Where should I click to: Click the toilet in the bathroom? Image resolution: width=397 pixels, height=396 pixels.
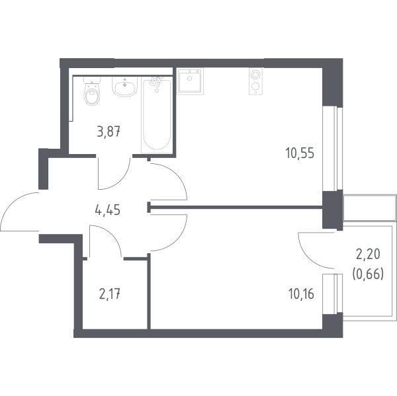click(x=92, y=91)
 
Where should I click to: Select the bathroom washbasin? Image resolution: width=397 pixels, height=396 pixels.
click(x=124, y=87)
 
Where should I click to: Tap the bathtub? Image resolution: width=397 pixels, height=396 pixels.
click(x=156, y=116)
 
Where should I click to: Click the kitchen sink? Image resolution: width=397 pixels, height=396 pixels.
click(x=190, y=81)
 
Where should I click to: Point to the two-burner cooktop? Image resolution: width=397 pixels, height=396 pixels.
click(x=255, y=81)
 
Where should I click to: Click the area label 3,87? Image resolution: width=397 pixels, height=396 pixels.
click(x=109, y=132)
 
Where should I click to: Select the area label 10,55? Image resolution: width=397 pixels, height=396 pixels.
click(x=300, y=153)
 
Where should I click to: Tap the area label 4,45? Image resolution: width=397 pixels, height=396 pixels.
click(x=107, y=210)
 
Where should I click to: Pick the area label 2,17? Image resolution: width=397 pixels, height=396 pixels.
click(x=109, y=295)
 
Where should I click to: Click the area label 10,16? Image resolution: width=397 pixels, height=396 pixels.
click(x=301, y=294)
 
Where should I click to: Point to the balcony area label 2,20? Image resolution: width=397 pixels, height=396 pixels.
click(x=368, y=255)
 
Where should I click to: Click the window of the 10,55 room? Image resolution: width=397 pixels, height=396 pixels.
click(x=333, y=149)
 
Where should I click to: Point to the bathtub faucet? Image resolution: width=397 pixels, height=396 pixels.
click(x=156, y=81)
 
